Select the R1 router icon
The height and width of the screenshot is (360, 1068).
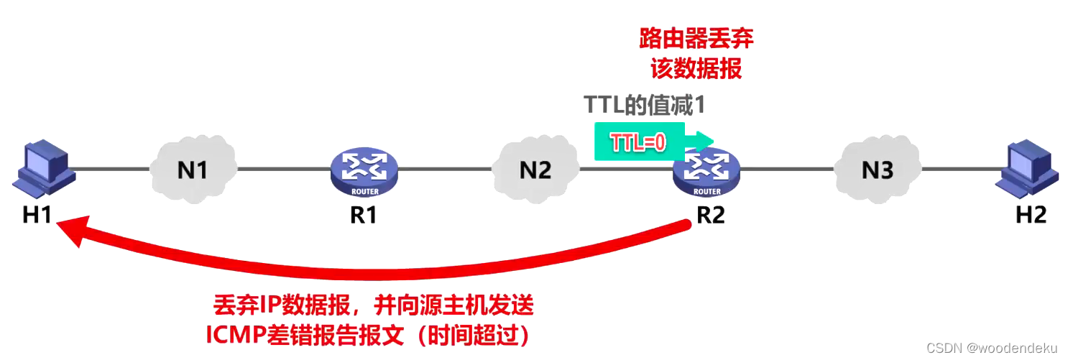coord(364,171)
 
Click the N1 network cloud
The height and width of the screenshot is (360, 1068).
coord(193,170)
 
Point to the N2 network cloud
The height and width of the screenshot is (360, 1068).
coord(535,170)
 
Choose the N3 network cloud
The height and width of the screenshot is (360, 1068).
coord(878,170)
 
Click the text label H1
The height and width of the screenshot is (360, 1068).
coord(36,214)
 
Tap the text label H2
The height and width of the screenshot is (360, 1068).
coord(1031,214)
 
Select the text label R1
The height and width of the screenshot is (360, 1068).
coord(363,214)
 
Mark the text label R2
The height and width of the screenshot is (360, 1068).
coord(710,214)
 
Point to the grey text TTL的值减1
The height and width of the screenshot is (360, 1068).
coord(644,106)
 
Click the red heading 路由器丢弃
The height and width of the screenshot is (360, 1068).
coord(696,39)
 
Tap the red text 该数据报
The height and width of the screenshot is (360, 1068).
coord(696,69)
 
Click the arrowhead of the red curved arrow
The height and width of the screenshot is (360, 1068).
coord(72,231)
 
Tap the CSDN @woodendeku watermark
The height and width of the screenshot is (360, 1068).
coord(992,348)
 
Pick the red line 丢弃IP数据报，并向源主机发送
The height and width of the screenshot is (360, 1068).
coord(374,306)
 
